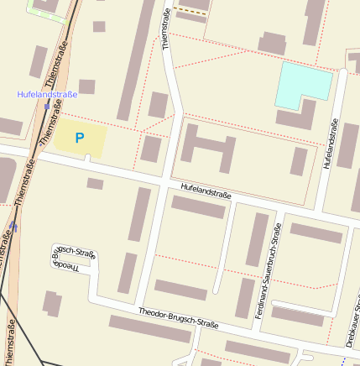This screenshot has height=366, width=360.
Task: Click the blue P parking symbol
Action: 80,138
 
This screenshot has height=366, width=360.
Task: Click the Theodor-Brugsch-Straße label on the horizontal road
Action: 178,317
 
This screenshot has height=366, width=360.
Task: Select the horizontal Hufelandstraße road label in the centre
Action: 206,191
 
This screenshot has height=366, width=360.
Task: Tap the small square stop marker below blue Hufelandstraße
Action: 46,107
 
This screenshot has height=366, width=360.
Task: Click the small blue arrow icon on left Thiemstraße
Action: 14,227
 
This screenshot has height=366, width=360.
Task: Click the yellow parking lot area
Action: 80,139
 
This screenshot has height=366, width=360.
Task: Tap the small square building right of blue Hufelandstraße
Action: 86,86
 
